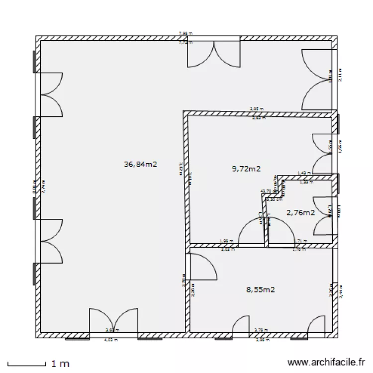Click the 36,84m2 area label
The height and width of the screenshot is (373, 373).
(140, 164)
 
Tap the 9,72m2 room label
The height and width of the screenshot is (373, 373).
(246, 169)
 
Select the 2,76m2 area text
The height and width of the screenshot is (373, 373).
(300, 212)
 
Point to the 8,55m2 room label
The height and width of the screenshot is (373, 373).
(261, 289)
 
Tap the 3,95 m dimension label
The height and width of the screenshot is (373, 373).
(256, 108)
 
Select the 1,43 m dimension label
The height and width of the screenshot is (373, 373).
(304, 173)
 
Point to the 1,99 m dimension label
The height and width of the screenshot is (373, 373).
(226, 241)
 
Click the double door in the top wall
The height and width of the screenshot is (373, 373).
(214, 54)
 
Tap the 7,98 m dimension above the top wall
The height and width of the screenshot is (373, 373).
(185, 33)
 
